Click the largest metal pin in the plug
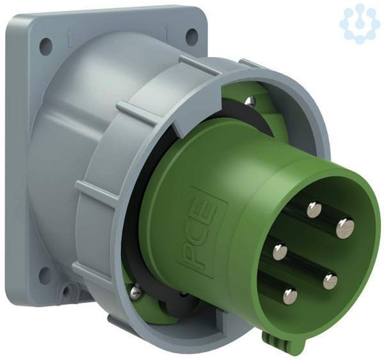click(x=346, y=228)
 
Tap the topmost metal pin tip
click(x=314, y=209)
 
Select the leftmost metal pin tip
click(x=280, y=252)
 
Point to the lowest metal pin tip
click(x=290, y=296)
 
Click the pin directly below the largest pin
click(x=330, y=281)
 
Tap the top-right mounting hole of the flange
click(x=191, y=37)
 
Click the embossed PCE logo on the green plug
click(x=201, y=232)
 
